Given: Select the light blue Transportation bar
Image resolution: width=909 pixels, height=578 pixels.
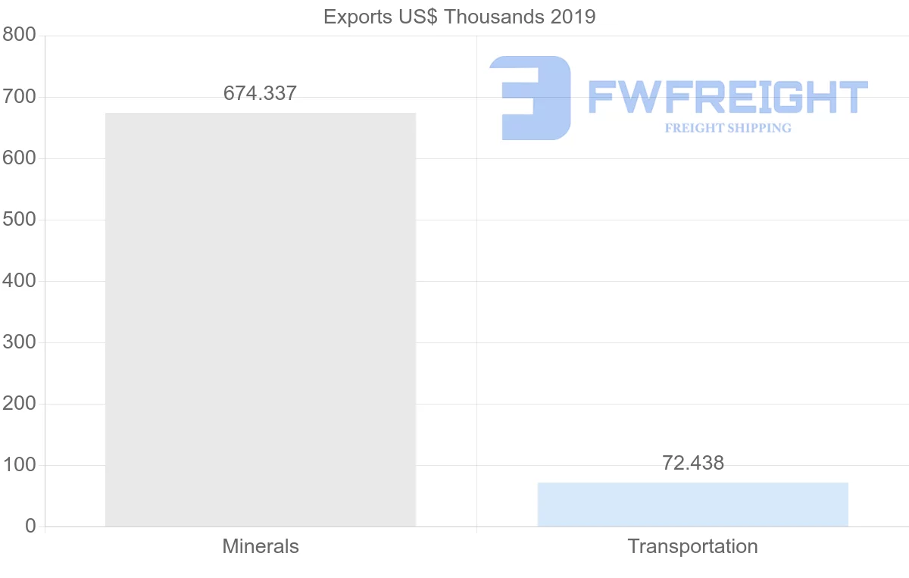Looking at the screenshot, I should [692, 505].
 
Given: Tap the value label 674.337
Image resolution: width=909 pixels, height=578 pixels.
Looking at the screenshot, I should [260, 93].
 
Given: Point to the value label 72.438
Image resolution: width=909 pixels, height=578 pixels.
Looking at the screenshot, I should [692, 463].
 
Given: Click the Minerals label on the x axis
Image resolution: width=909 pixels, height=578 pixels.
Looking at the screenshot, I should [261, 546].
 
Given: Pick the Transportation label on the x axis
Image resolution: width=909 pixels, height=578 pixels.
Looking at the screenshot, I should [692, 546].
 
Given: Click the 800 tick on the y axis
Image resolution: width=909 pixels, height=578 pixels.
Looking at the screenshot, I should [19, 36].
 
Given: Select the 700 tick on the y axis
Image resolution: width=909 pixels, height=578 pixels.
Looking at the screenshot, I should [19, 97].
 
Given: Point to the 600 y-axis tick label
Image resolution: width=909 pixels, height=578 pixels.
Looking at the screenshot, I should [19, 158].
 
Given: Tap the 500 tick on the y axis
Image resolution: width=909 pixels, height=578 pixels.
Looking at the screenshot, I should [19, 220].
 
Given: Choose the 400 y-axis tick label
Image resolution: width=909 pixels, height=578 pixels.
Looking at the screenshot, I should [19, 281].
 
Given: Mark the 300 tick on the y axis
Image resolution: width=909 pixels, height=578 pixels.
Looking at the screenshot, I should [19, 342].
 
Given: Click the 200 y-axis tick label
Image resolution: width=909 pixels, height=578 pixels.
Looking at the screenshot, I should [19, 404].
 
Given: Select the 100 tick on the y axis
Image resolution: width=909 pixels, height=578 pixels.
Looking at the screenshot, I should [19, 465].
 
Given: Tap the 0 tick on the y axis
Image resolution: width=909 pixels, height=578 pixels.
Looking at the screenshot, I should [30, 526].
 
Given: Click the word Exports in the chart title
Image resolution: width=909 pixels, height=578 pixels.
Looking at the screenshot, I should [353, 17].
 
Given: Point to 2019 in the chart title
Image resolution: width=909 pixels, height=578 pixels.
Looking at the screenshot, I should [574, 17].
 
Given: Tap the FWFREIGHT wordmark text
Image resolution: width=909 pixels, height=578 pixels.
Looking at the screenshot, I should [727, 98].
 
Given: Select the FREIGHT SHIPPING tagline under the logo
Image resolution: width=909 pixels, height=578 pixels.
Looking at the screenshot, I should [728, 128].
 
